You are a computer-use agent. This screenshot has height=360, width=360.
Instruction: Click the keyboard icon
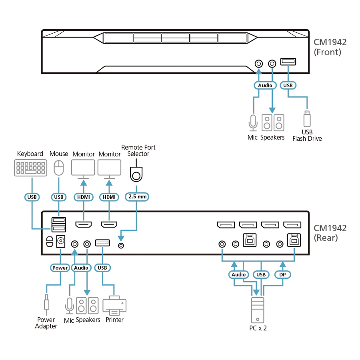(x=31, y=168)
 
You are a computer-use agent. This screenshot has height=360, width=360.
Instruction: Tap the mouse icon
(x=59, y=168)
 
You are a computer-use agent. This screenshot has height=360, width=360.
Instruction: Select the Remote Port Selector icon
(x=136, y=174)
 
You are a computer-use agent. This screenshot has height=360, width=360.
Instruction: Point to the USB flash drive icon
(x=307, y=118)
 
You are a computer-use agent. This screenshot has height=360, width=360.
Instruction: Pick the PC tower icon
(x=257, y=310)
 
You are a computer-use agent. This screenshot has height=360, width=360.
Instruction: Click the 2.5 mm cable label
(x=137, y=197)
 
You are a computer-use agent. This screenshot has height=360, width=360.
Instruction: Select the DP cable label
(x=283, y=274)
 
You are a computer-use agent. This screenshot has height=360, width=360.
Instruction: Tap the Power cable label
(x=60, y=268)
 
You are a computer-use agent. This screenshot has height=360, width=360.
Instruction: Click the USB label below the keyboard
(x=32, y=197)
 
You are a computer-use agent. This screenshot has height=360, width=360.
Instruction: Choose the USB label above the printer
(x=102, y=268)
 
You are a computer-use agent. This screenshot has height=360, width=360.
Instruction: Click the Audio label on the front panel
(x=265, y=85)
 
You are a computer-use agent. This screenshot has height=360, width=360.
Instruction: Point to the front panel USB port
(x=288, y=62)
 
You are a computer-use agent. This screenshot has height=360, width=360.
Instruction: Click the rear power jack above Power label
(x=61, y=241)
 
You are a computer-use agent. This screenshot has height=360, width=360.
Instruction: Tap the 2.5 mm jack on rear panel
(x=121, y=245)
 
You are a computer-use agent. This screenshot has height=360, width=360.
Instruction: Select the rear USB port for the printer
(x=102, y=243)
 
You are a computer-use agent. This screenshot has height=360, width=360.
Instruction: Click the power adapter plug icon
(x=46, y=304)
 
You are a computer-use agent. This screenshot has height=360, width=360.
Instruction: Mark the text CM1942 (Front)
(x=330, y=47)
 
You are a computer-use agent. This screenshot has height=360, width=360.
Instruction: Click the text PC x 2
(x=258, y=328)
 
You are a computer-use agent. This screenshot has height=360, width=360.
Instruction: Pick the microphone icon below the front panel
(x=253, y=123)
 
